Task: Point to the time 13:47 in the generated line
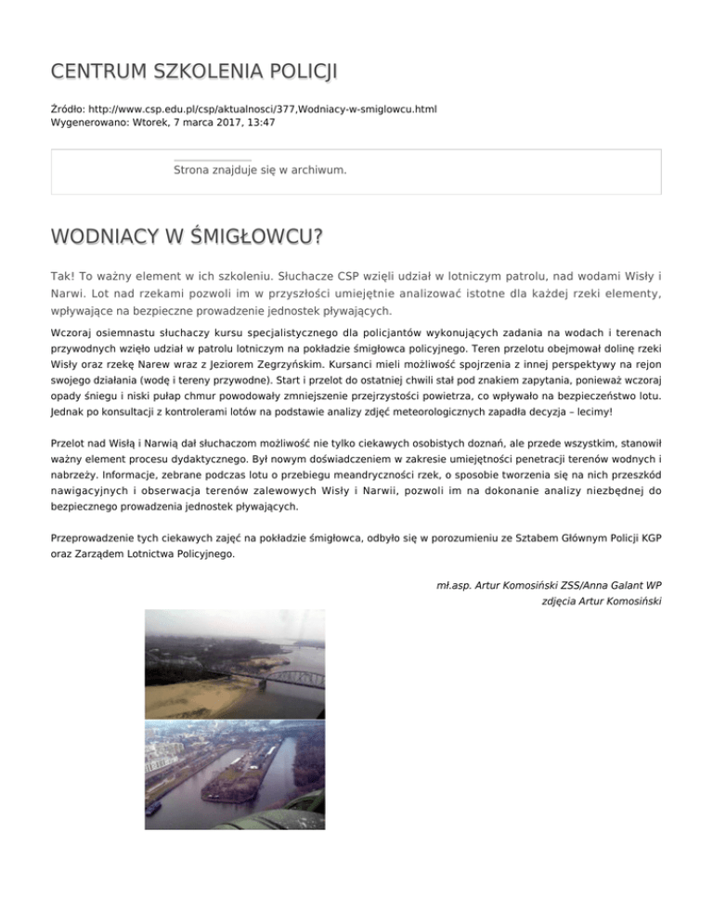pos(259,122)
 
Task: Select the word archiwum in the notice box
pos(319,171)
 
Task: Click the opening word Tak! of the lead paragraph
pos(63,277)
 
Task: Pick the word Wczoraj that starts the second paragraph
pos(72,331)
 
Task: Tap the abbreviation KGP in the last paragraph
pos(649,538)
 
